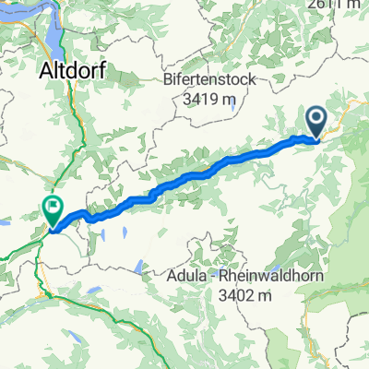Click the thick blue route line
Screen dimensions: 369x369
point(184,177)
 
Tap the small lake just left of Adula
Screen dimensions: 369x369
point(137,268)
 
